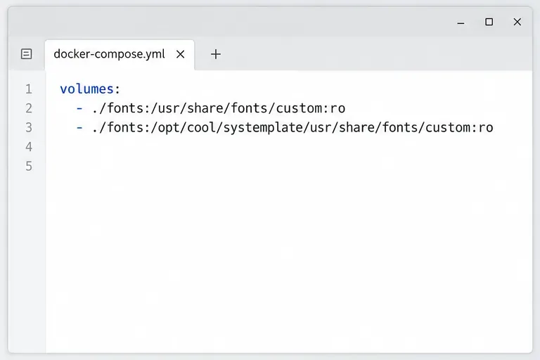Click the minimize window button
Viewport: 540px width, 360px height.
coord(461,23)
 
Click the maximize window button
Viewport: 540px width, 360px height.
coord(489,22)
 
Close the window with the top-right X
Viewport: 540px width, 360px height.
coord(517,22)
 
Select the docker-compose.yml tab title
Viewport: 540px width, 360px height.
coord(109,54)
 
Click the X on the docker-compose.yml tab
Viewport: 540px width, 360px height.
coord(180,54)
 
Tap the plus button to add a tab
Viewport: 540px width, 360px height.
coord(216,54)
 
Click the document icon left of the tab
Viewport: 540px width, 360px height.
coord(27,53)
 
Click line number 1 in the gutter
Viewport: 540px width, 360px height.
coord(29,89)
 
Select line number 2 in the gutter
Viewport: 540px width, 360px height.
coord(29,108)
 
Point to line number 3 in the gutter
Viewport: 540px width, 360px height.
coord(29,128)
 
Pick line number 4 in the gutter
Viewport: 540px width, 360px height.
coord(29,147)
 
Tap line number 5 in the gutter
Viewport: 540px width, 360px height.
coord(29,167)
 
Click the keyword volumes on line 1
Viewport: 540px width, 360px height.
coord(86,89)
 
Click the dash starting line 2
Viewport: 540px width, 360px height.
coord(79,108)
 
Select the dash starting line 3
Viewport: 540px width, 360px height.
coord(79,128)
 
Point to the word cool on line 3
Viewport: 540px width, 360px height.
coord(202,127)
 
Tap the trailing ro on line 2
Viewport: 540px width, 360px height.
coord(337,109)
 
